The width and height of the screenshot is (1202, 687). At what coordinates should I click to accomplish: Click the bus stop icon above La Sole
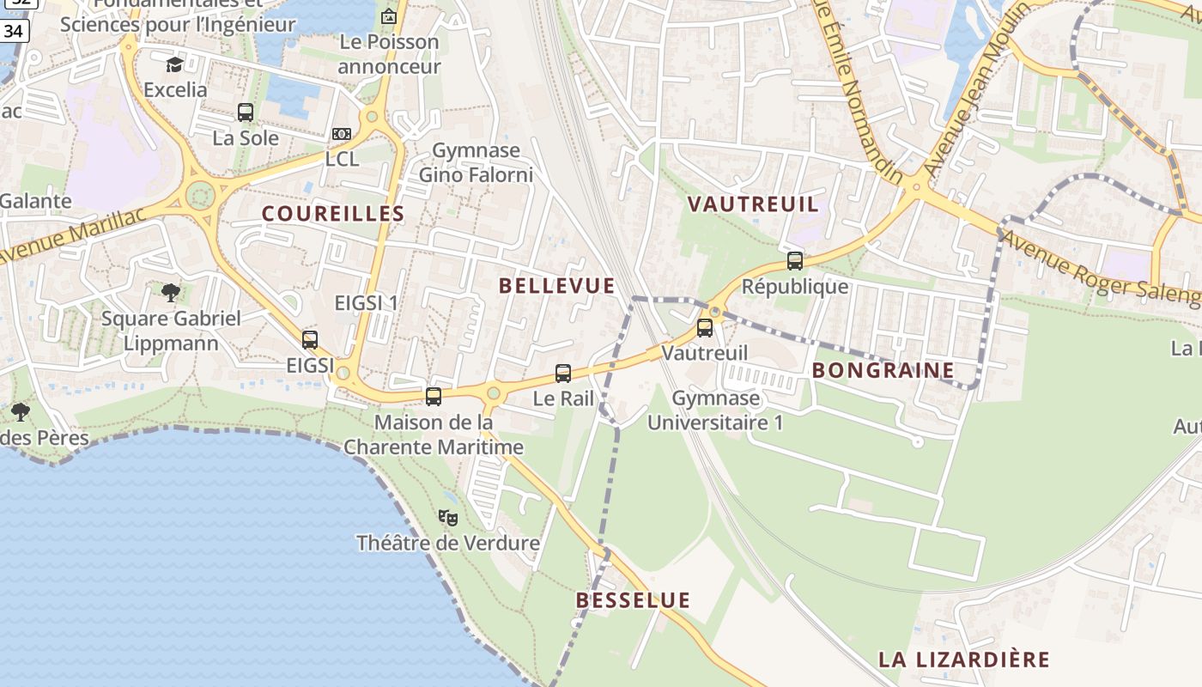click(x=246, y=112)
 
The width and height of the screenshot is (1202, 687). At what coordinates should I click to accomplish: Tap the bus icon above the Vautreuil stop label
click(x=705, y=327)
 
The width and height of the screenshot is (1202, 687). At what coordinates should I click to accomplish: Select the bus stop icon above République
click(x=795, y=261)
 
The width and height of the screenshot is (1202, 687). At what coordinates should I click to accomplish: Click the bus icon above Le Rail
click(x=563, y=373)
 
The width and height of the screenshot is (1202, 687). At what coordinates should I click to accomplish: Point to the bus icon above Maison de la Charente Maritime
click(x=434, y=396)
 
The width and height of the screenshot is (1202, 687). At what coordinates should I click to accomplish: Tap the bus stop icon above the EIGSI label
click(x=310, y=339)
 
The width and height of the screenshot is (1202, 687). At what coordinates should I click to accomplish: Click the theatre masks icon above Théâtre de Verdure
click(x=447, y=517)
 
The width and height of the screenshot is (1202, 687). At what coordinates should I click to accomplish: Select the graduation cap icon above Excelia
click(x=175, y=64)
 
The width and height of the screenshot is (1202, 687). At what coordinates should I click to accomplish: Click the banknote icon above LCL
click(x=342, y=134)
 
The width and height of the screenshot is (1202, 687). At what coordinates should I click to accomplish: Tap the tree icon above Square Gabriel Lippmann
click(x=171, y=292)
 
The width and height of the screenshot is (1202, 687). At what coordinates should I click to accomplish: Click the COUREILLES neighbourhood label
click(x=333, y=214)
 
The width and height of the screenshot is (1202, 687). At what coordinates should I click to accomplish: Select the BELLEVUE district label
click(x=557, y=286)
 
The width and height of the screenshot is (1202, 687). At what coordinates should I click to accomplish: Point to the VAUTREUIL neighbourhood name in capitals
click(x=754, y=204)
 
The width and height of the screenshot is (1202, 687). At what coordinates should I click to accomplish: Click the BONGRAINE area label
click(x=883, y=370)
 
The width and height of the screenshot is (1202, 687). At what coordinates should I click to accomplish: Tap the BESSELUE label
click(x=633, y=600)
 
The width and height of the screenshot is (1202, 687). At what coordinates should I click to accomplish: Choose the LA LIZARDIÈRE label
click(x=963, y=660)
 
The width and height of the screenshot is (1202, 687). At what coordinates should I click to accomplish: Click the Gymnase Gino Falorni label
click(x=476, y=162)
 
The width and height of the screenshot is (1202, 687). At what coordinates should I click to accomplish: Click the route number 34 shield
click(x=15, y=31)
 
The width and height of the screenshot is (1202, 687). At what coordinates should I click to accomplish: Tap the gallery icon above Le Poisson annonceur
click(x=389, y=15)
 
